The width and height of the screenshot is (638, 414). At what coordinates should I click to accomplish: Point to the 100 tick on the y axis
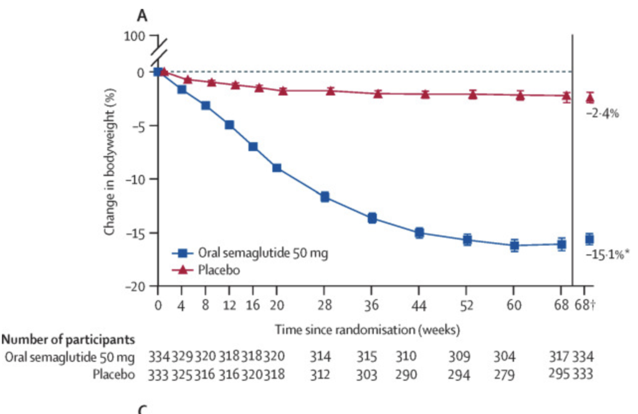pos(133,36)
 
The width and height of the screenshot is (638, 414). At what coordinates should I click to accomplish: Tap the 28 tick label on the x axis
pos(325,306)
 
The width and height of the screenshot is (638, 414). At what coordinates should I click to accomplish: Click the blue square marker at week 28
pos(325,197)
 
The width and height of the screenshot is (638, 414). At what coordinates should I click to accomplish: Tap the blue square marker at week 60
pos(514,245)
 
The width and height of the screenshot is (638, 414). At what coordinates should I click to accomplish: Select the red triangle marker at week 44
pos(426,94)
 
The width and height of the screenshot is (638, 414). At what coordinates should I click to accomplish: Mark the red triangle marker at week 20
pos(283,91)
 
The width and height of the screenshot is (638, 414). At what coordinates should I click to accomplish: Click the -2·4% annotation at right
pos(601,113)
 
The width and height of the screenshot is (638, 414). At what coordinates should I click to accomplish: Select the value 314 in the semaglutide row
pos(321,357)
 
